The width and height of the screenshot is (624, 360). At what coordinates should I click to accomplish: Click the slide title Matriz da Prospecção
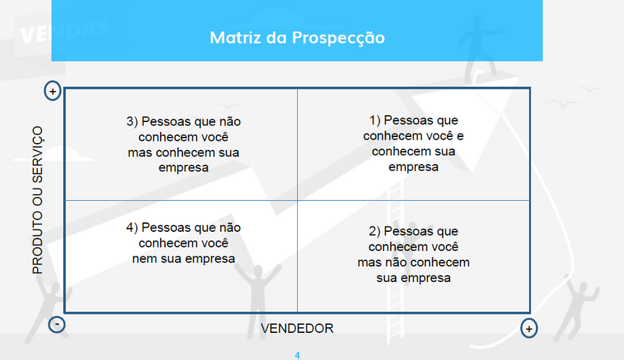297,38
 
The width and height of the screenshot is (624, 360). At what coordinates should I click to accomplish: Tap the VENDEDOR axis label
297,329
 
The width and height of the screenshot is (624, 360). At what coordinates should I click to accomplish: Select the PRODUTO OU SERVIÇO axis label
38,200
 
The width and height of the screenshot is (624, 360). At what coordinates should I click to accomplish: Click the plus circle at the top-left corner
52,91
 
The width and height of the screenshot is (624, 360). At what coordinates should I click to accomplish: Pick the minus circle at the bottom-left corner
57,324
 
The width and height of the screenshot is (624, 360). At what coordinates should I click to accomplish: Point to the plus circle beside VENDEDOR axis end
529,329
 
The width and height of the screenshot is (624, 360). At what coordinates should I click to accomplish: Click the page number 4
297,355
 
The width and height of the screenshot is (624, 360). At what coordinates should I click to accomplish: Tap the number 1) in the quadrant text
375,120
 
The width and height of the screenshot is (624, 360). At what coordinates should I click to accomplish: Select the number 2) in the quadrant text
374,231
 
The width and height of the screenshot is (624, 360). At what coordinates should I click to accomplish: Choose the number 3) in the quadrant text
132,121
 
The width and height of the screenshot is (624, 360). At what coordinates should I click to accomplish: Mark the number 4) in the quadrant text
132,228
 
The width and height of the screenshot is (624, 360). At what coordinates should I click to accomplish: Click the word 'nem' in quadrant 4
142,259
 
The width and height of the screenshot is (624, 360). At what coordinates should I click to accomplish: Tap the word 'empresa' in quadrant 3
183,168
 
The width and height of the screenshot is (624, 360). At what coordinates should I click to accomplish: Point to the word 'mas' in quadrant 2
368,262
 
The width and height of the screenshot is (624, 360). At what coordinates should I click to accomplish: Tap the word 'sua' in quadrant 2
387,278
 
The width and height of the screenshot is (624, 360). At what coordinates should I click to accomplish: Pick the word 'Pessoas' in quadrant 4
166,228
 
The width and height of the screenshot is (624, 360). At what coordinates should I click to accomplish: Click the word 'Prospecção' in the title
338,38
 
